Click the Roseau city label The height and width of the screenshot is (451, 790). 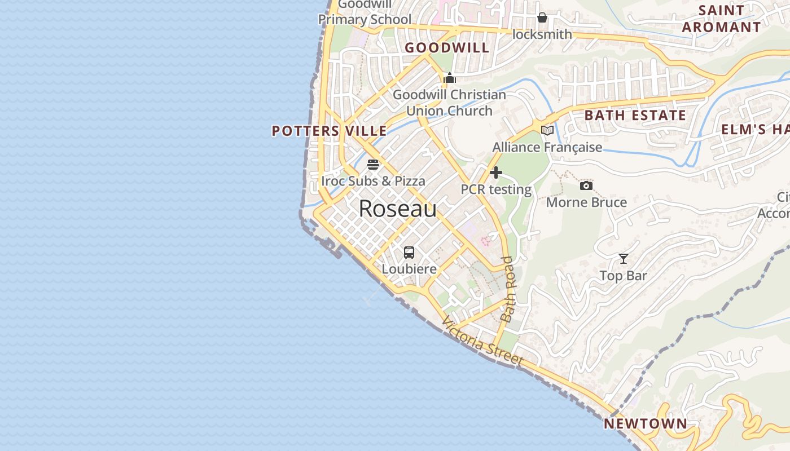398,209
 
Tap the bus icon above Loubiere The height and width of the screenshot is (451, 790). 409,253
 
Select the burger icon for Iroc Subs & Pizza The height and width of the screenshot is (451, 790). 373,165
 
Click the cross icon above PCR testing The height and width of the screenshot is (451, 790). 496,173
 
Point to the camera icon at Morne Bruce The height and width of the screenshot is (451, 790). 586,185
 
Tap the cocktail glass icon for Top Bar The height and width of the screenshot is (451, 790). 623,259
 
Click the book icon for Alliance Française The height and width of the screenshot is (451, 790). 547,131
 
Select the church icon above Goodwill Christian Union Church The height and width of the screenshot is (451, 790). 450,78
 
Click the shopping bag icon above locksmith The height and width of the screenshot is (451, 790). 542,17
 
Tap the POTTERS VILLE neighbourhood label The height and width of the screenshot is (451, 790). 330,131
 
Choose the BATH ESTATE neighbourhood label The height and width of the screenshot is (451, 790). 635,116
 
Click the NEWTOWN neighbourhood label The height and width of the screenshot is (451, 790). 646,424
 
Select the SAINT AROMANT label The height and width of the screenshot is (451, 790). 721,19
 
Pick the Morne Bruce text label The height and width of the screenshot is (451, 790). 586,202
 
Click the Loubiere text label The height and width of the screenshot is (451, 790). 409,269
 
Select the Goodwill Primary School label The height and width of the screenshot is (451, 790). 365,12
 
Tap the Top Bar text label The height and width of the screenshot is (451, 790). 623,276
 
